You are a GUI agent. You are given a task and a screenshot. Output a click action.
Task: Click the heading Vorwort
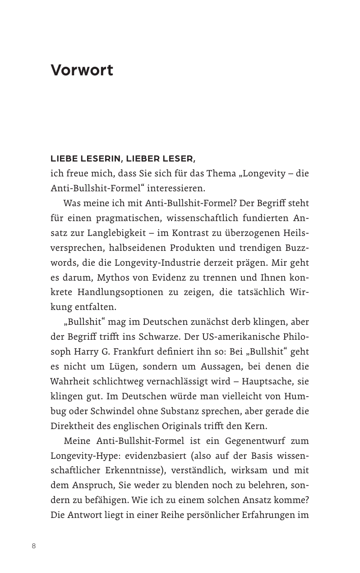(x=82, y=70)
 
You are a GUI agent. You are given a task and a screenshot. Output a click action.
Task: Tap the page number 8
(x=34, y=546)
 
